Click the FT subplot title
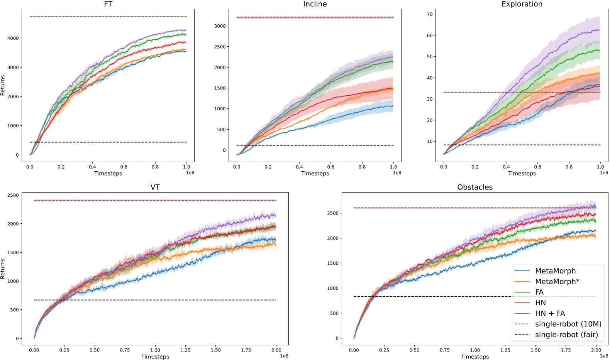click(x=108, y=4)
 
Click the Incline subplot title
click(x=315, y=4)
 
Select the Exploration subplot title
click(x=522, y=4)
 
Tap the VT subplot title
click(x=155, y=187)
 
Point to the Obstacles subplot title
click(x=475, y=187)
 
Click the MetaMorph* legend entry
click(x=557, y=282)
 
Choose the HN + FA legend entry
click(x=550, y=313)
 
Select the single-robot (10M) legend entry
click(x=568, y=324)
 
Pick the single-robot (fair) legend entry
click(x=566, y=335)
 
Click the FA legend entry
click(x=539, y=292)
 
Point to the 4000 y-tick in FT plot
click(x=13, y=38)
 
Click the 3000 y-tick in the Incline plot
click(x=220, y=26)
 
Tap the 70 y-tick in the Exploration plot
click(x=430, y=14)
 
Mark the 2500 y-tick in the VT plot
click(x=13, y=195)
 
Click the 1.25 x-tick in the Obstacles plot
click(x=505, y=350)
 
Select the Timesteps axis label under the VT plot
click(x=155, y=357)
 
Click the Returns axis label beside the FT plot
click(x=3, y=85)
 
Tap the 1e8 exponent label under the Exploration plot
click(x=604, y=172)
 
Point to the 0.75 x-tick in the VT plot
click(x=125, y=350)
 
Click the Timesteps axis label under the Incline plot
click(x=315, y=173)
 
